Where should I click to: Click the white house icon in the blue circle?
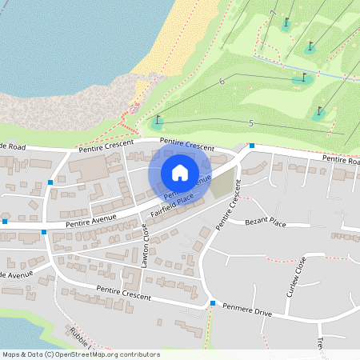[x=179, y=173]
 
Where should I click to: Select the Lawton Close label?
[x=145, y=245]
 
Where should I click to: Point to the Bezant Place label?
[x=266, y=222]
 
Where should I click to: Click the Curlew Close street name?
[x=300, y=276]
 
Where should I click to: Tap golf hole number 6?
[x=222, y=81]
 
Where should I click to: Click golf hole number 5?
[x=251, y=122]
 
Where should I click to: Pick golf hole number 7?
[x=273, y=14]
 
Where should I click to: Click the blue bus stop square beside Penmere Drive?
[x=213, y=303]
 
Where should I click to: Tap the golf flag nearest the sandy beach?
[x=157, y=122]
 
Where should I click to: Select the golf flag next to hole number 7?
[x=286, y=22]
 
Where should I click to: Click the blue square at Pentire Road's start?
[x=251, y=146]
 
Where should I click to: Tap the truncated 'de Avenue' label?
[x=16, y=274]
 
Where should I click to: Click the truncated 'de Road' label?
[x=14, y=146]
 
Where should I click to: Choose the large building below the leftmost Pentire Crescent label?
[x=89, y=168]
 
